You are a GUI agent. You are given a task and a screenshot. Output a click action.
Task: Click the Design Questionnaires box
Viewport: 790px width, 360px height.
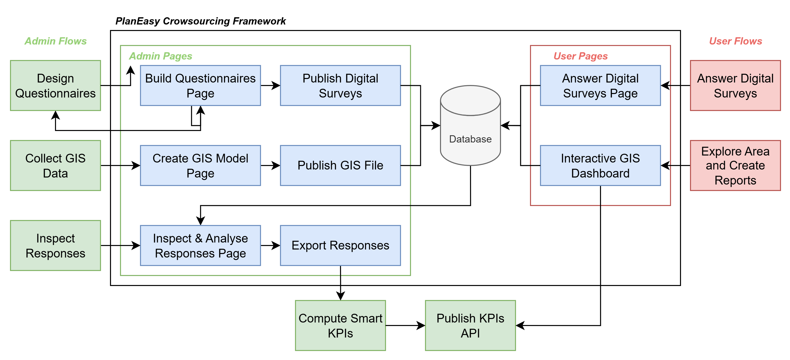pyautogui.click(x=55, y=85)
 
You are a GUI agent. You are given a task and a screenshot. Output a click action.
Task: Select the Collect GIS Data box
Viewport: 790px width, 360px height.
pyautogui.click(x=55, y=165)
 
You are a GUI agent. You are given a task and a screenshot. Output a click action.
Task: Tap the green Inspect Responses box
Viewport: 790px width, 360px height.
pyautogui.click(x=55, y=245)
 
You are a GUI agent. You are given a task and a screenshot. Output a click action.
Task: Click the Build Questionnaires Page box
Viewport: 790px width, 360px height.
pyautogui.click(x=200, y=85)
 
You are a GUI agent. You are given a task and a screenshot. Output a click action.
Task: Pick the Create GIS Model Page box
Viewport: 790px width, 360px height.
pyautogui.click(x=200, y=165)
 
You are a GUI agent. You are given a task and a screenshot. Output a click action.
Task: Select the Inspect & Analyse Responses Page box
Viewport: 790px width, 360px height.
pyautogui.click(x=200, y=245)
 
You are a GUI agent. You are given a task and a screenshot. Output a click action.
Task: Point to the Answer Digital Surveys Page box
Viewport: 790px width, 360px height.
pyautogui.click(x=600, y=85)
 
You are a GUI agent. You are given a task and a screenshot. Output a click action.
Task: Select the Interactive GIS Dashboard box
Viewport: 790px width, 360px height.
pyautogui.click(x=600, y=165)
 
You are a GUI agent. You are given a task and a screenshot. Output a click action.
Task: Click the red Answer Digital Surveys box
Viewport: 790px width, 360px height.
pyautogui.click(x=735, y=85)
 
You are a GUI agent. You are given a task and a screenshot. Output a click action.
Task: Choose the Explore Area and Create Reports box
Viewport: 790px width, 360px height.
pyautogui.click(x=735, y=165)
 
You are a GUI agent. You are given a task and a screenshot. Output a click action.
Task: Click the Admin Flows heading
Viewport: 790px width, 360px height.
pyautogui.click(x=55, y=41)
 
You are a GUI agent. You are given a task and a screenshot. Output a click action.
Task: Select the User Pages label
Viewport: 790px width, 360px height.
pyautogui.click(x=580, y=56)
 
